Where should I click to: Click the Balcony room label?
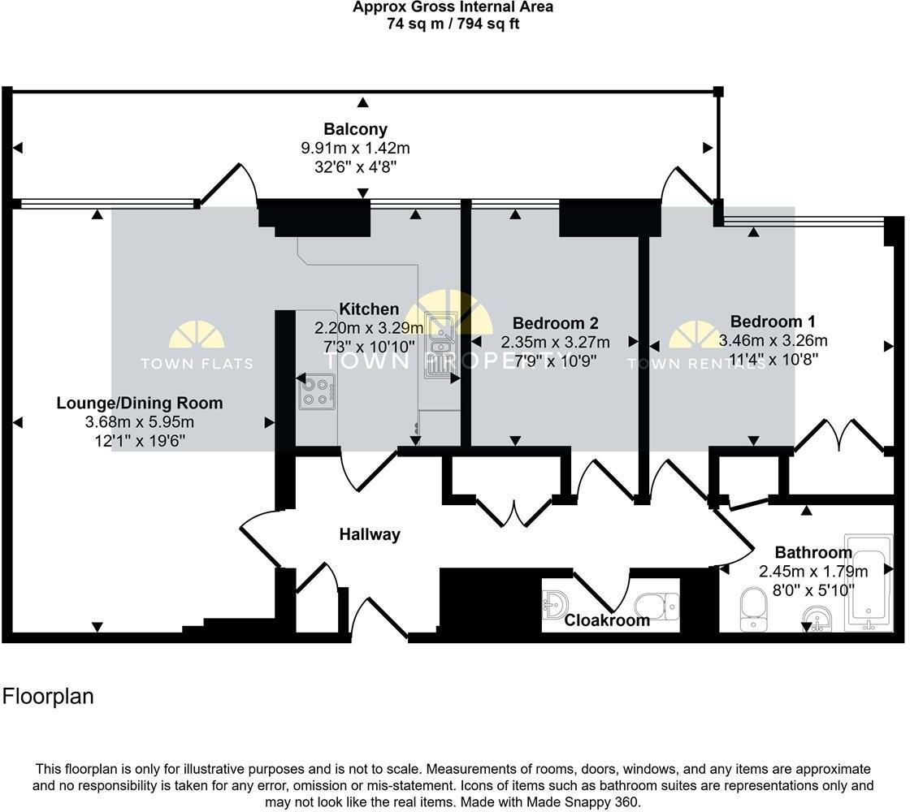click(355, 129)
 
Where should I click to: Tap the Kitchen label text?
click(369, 309)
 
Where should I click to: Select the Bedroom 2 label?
click(555, 323)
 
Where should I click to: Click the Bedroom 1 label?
click(773, 322)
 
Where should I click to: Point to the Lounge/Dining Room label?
click(140, 403)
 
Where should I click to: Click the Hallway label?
click(370, 534)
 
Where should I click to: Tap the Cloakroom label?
click(607, 620)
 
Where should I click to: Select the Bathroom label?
click(813, 552)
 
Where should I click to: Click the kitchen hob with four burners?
click(318, 391)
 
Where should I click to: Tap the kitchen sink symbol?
click(439, 345)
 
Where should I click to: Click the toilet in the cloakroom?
click(656, 605)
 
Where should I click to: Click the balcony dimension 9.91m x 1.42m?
click(355, 149)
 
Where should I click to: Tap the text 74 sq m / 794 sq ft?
click(453, 24)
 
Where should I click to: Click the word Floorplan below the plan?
click(49, 697)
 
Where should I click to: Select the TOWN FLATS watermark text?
click(197, 364)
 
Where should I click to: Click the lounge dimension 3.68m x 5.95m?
click(140, 422)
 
